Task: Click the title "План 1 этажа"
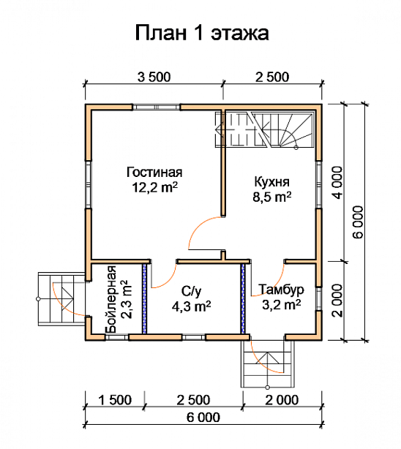201,33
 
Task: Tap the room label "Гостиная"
154,173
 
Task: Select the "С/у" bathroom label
192,291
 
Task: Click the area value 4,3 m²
192,306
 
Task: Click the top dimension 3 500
154,76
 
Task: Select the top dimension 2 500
271,76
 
